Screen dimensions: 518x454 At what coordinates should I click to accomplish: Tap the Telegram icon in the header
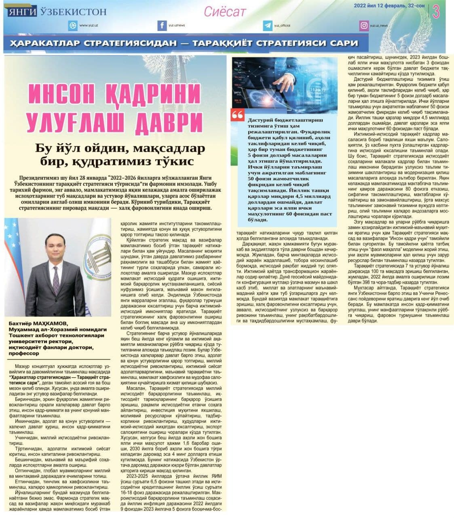267,25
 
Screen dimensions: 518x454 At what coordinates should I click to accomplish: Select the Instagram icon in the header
364,25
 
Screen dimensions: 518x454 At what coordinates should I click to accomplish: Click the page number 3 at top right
436,12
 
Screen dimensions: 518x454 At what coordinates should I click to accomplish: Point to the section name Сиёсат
224,12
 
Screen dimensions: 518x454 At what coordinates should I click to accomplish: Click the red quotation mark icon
238,115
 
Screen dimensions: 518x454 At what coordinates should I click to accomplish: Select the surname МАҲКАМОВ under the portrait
52,323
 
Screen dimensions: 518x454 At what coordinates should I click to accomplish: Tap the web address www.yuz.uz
89,25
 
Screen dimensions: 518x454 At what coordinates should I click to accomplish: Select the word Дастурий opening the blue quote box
261,120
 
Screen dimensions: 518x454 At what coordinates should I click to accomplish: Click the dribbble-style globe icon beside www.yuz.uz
73,25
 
